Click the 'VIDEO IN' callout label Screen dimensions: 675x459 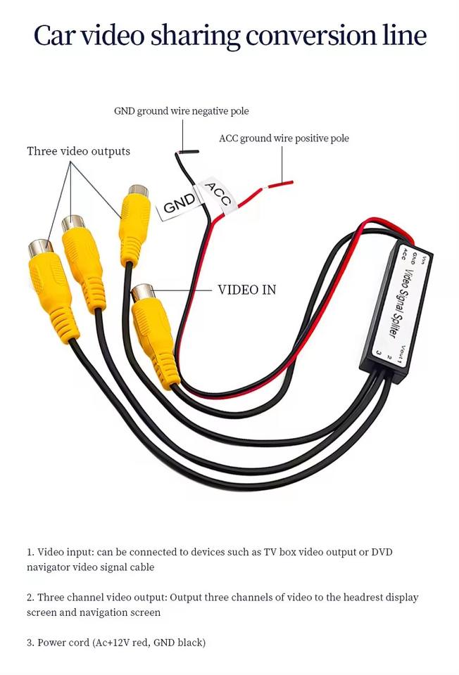[246, 290]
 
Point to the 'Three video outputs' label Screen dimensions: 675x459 [78, 151]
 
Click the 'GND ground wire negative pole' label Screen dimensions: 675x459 [181, 111]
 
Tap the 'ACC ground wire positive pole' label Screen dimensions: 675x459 [284, 139]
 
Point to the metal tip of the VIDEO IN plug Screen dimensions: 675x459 [143, 292]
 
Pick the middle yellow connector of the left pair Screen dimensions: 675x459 [84, 264]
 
